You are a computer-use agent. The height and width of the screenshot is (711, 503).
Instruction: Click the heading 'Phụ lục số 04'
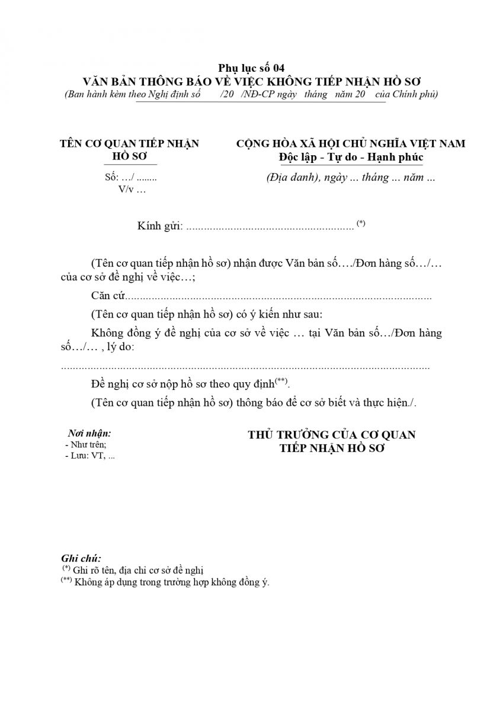[251, 68]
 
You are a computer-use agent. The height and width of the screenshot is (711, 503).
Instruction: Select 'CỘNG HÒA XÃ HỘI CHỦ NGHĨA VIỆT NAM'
[350, 143]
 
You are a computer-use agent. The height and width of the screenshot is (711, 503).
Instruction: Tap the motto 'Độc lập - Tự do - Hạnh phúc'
[351, 157]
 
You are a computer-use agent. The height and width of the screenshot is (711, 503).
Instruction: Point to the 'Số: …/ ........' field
[130, 177]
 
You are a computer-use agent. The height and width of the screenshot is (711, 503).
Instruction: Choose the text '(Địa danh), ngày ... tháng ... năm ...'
[351, 177]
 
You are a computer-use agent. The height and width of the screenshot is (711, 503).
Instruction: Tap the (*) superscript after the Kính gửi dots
[361, 223]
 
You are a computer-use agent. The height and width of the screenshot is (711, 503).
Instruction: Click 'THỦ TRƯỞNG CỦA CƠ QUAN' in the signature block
[331, 435]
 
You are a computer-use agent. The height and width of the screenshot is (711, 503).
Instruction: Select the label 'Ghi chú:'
[81, 558]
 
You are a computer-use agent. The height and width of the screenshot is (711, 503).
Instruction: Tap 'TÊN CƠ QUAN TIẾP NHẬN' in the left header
[130, 143]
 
